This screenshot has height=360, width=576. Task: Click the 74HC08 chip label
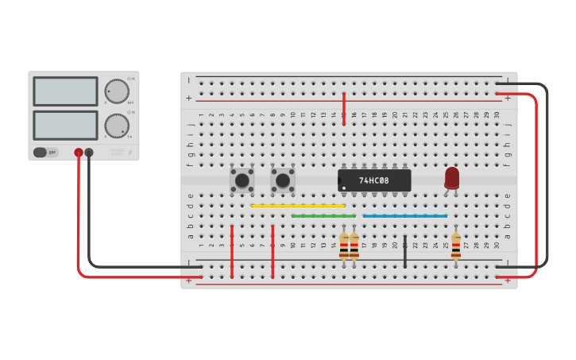point(374,180)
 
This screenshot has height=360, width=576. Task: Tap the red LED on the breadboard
point(452,177)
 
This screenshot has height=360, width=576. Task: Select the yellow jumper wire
point(298,206)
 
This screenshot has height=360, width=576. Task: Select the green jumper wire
point(323,215)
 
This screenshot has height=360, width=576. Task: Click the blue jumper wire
point(404,215)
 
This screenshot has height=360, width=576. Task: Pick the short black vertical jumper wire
point(404,251)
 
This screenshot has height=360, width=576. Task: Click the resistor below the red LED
point(455,246)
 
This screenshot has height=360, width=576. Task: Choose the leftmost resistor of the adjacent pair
point(343,246)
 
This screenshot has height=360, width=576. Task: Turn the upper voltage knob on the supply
point(116,91)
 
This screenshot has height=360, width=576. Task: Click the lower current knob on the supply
point(116,126)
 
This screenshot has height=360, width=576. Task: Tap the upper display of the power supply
point(65,91)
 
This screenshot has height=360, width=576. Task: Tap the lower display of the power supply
point(65,126)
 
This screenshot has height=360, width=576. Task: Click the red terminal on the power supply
point(79,153)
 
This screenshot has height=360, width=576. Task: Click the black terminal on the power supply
point(89,153)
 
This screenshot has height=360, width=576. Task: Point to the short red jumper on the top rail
point(343,108)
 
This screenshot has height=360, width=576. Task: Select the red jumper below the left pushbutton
point(231,251)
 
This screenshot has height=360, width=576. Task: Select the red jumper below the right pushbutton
point(273,251)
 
